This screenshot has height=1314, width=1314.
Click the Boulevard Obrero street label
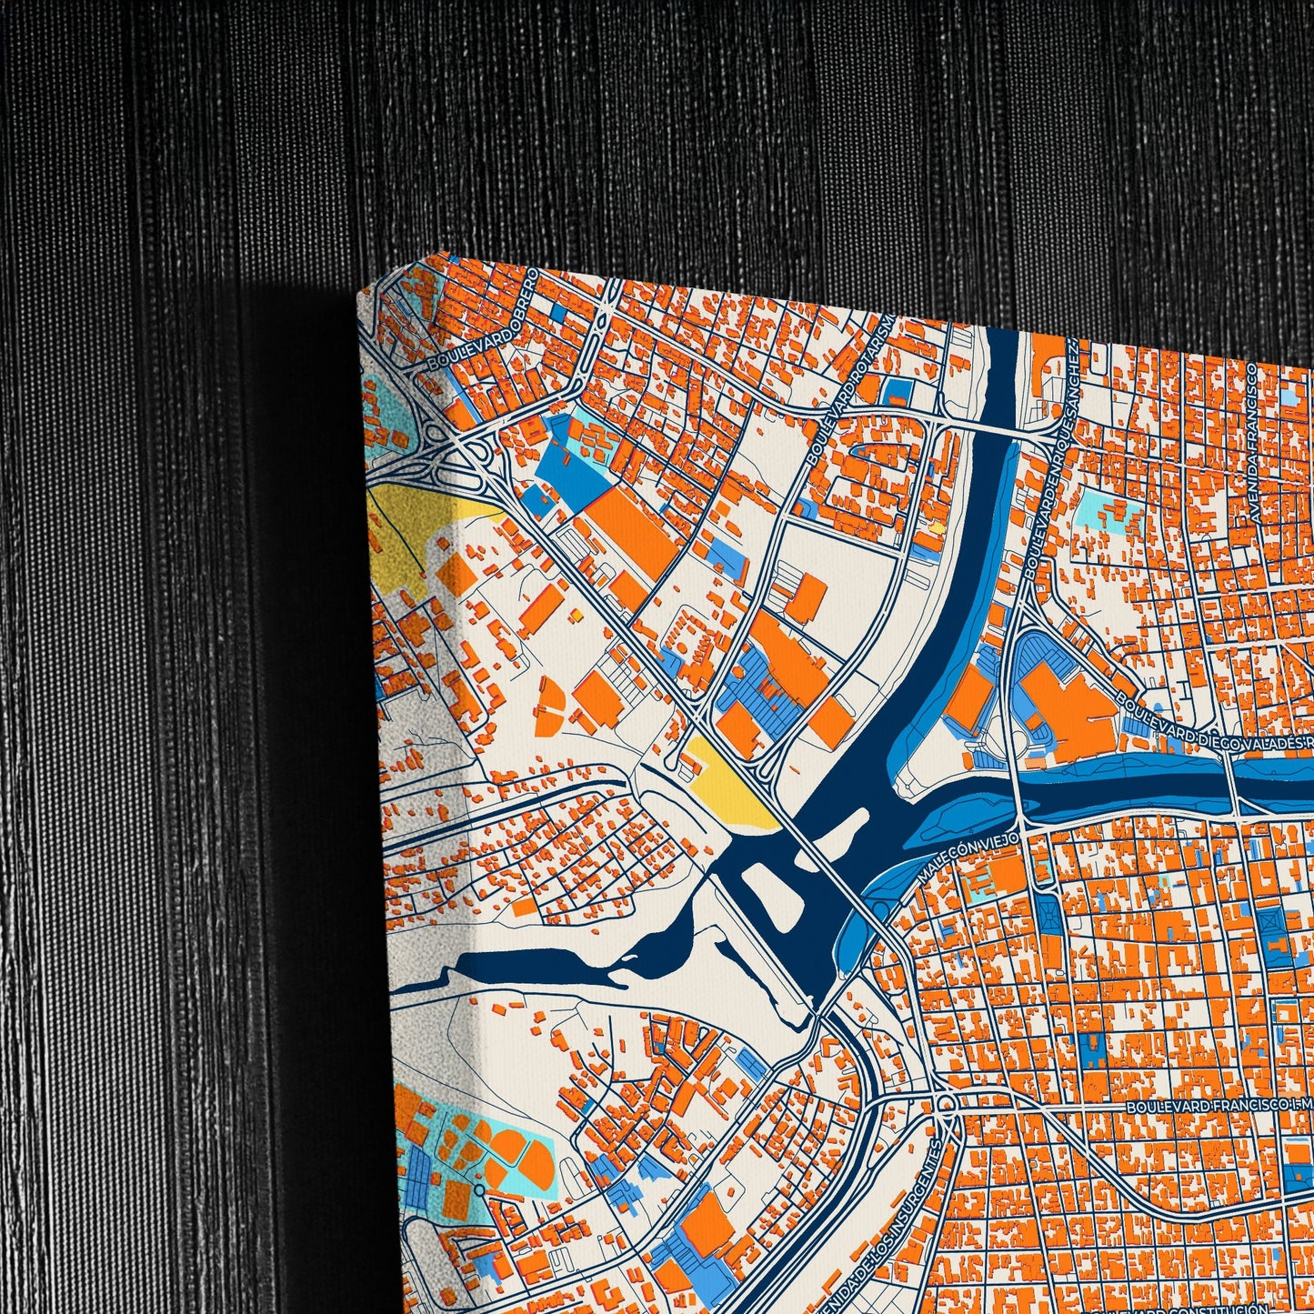[479, 319]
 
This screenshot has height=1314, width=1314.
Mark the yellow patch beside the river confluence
[727, 787]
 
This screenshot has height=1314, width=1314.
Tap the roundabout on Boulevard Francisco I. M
[946, 1104]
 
